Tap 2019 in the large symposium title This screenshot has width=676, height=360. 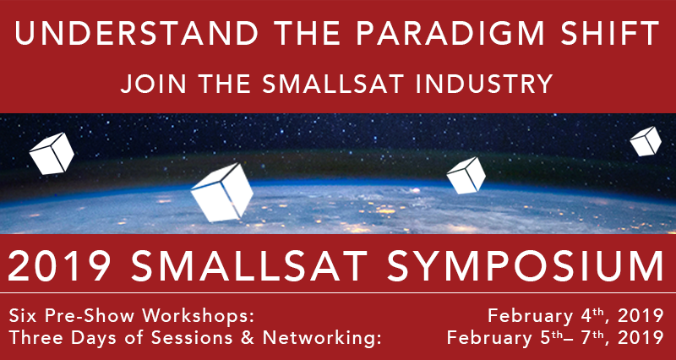pyautogui.click(x=58, y=266)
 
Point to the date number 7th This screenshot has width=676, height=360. pyautogui.click(x=594, y=336)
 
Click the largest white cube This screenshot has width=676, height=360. pyautogui.click(x=222, y=193)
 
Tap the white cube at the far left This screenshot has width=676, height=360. pyautogui.click(x=52, y=154)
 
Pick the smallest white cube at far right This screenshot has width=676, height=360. pyautogui.click(x=646, y=141)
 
